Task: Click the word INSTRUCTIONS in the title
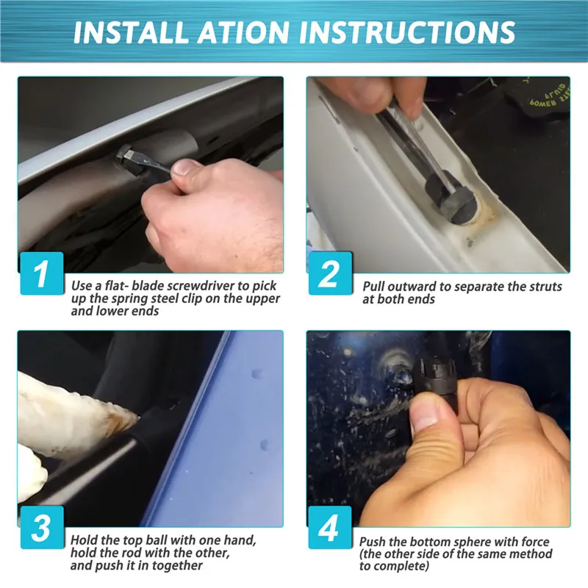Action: click(x=407, y=32)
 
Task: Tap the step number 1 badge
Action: click(x=42, y=273)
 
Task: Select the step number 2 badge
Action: click(x=330, y=273)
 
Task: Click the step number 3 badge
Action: click(x=42, y=528)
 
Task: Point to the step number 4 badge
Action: click(x=330, y=528)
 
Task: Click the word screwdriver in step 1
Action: click(x=200, y=286)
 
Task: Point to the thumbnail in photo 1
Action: click(x=183, y=167)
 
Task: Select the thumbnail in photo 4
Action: click(x=426, y=415)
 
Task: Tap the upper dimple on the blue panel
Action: click(x=257, y=374)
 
